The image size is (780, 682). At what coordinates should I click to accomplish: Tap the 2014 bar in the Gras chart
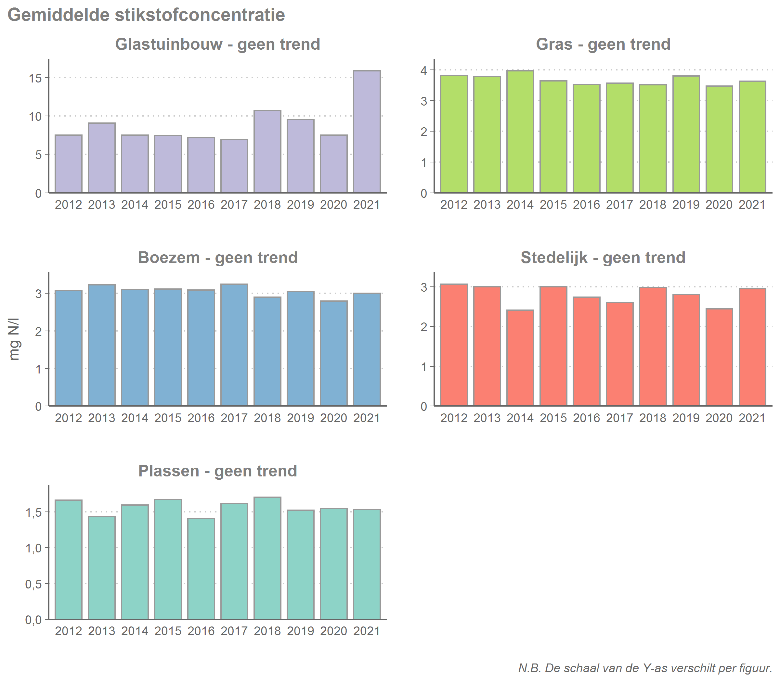click(x=520, y=132)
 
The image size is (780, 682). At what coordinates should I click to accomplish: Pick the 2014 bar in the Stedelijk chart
click(x=520, y=358)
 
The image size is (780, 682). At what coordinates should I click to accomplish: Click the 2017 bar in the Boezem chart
click(x=234, y=345)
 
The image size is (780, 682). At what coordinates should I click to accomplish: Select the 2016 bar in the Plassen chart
click(x=201, y=569)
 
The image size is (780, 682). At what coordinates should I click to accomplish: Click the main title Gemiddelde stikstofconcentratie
click(x=146, y=15)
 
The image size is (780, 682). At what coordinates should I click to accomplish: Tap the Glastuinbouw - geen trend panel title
click(x=217, y=44)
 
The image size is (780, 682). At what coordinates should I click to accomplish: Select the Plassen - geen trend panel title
click(x=217, y=471)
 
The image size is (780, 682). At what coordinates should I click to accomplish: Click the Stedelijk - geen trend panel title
click(x=603, y=258)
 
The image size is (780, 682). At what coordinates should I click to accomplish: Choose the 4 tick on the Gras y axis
click(x=423, y=70)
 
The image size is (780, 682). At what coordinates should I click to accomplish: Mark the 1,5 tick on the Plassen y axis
click(x=33, y=512)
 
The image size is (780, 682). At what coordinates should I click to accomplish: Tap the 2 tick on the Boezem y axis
click(x=38, y=332)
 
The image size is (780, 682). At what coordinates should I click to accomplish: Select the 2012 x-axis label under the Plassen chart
click(x=68, y=631)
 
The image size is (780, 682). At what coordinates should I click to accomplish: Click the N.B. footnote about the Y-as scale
click(x=645, y=668)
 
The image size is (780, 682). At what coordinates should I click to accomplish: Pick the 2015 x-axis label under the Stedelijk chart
click(x=553, y=418)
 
